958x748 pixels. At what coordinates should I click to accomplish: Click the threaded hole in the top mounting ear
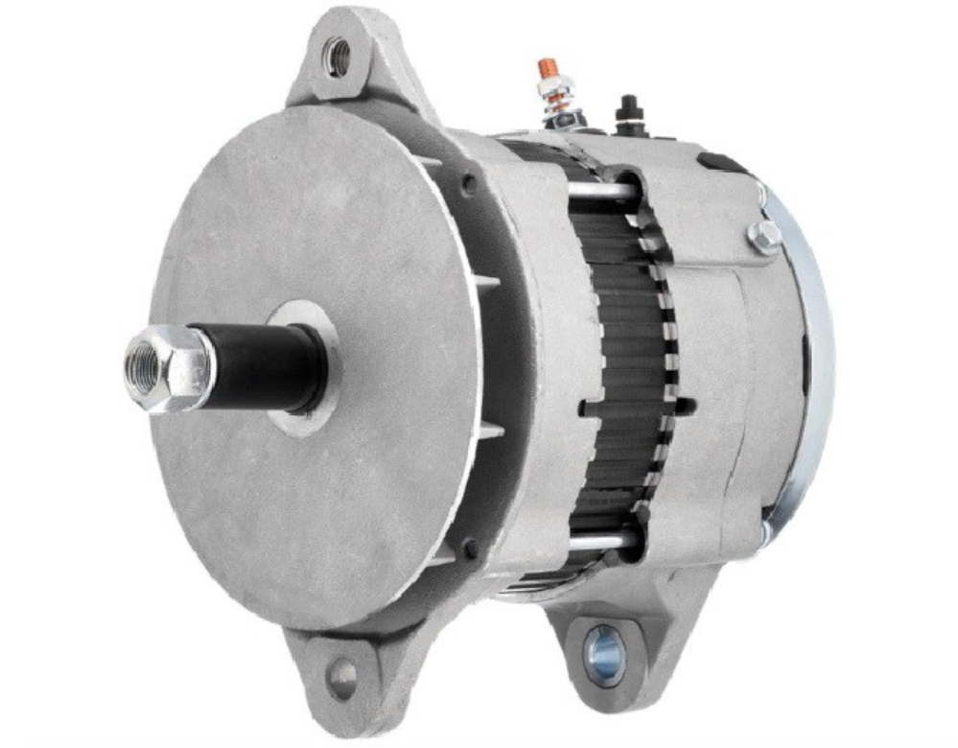tap(338, 57)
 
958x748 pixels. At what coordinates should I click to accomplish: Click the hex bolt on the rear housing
tap(764, 237)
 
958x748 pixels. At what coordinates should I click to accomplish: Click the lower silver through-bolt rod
tap(599, 542)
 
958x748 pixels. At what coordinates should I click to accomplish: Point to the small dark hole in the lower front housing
tap(470, 550)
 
